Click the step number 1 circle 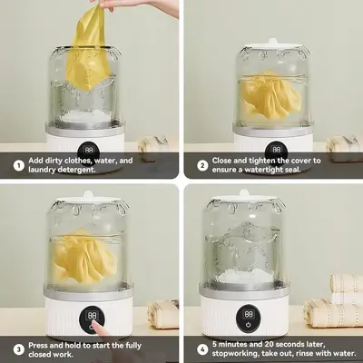pyautogui.click(x=19, y=165)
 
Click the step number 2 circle pyautogui.click(x=202, y=165)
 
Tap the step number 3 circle pyautogui.click(x=19, y=349)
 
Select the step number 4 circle pyautogui.click(x=202, y=349)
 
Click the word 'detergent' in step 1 pyautogui.click(x=76, y=170)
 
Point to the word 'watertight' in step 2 pyautogui.click(x=263, y=170)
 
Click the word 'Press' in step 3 pyautogui.click(x=38, y=345)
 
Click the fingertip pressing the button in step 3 pyautogui.click(x=95, y=323)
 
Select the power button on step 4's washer pyautogui.click(x=249, y=325)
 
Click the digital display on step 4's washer pyautogui.click(x=249, y=314)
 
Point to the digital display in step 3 pyautogui.click(x=92, y=316)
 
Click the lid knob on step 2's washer pyautogui.click(x=272, y=42)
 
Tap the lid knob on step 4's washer pyautogui.click(x=244, y=193)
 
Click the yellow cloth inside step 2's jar pyautogui.click(x=271, y=94)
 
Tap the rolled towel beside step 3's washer pyautogui.click(x=163, y=313)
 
